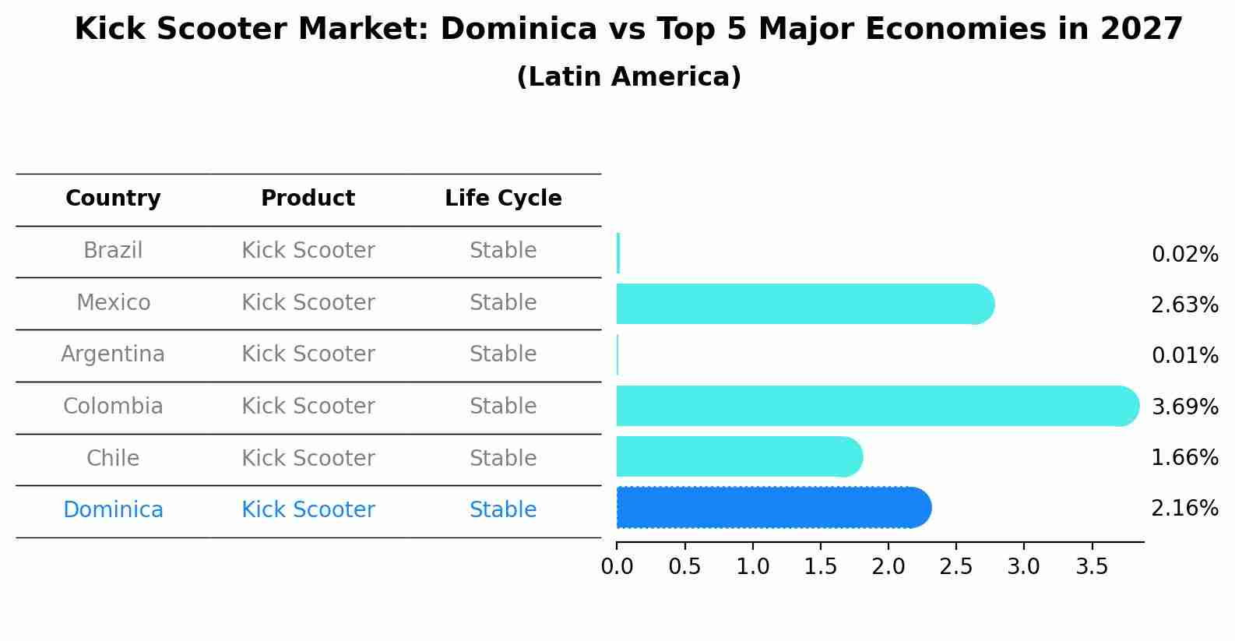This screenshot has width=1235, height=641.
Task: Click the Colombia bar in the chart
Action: [872, 406]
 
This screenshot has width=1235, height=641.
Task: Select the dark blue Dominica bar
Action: [771, 508]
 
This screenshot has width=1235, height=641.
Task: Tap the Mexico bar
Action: [802, 304]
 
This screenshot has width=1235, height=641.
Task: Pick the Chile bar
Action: [736, 456]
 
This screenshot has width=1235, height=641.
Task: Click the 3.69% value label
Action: [1184, 407]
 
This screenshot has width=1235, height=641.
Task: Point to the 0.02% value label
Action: [1184, 255]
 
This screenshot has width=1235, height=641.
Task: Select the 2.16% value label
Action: [1184, 509]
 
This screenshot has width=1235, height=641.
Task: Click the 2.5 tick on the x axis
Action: [955, 567]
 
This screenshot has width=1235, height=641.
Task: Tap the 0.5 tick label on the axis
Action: [684, 567]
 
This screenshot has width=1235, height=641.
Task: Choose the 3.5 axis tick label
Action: [1092, 567]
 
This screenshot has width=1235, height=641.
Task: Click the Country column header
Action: [113, 199]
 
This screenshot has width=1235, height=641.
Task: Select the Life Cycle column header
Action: [503, 199]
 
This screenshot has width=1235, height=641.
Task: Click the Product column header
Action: [308, 199]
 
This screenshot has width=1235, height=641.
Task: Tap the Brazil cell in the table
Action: [113, 251]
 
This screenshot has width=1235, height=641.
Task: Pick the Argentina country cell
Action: [113, 354]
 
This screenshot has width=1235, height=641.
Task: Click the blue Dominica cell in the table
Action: [113, 510]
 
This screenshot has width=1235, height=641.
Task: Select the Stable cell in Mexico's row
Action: [503, 303]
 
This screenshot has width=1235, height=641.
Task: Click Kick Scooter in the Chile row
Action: [308, 458]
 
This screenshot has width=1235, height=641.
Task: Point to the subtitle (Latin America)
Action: [628, 77]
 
